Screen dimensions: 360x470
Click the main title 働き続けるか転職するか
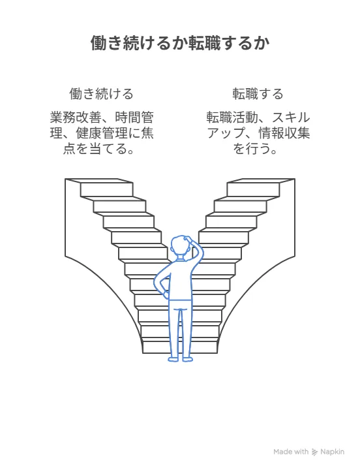(180, 43)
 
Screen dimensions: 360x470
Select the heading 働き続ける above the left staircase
(101, 94)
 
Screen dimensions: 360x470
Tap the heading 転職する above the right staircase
(258, 94)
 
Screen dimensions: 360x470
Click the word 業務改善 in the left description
(76, 117)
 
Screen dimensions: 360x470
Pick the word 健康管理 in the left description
(102, 133)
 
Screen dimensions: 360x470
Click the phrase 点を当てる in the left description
(95, 149)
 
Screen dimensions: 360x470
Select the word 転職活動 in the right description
(232, 117)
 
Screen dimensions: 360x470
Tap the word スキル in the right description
(291, 117)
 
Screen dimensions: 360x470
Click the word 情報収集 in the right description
(284, 133)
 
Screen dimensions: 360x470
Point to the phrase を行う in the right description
(251, 149)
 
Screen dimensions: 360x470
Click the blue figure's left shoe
(173, 359)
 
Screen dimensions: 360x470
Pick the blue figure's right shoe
(187, 359)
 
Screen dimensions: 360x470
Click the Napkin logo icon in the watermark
(314, 452)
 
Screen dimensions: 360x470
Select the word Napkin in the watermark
(333, 452)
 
